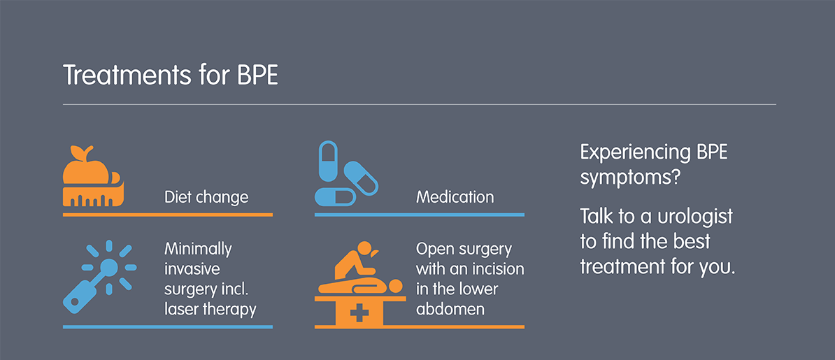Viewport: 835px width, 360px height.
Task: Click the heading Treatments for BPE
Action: coord(171,75)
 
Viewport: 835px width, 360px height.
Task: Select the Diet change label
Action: coord(206,197)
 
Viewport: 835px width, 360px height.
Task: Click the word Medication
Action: coord(455,197)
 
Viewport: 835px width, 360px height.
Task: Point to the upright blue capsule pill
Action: coord(328,162)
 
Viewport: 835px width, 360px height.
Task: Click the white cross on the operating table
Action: coord(359,312)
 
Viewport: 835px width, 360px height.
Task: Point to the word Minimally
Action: coord(198,249)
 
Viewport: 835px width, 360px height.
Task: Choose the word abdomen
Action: coord(450,309)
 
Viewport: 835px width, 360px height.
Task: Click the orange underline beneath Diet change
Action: coord(168,215)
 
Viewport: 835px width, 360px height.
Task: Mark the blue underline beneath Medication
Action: coord(420,215)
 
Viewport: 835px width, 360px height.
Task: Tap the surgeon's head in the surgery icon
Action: coord(365,248)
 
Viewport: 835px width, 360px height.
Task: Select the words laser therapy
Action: coord(210,309)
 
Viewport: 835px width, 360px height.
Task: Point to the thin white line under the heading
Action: coord(419,104)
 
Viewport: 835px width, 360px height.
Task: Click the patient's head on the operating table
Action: coord(396,287)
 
